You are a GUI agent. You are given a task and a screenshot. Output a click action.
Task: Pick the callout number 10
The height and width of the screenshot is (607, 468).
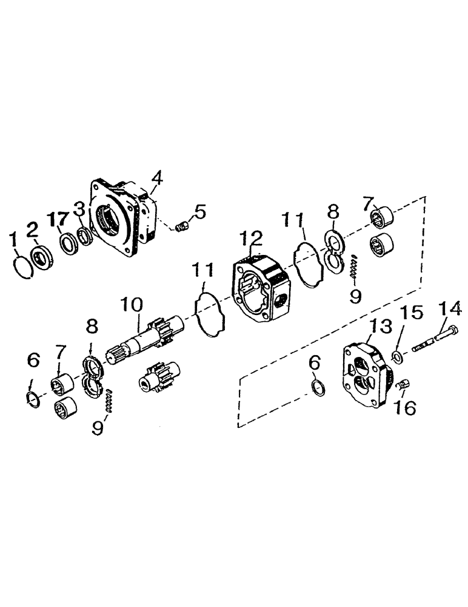(133, 304)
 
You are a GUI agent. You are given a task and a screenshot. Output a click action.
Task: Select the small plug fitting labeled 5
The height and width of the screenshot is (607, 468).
(180, 228)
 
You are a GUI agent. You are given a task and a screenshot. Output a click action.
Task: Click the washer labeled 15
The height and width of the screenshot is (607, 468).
(396, 356)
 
